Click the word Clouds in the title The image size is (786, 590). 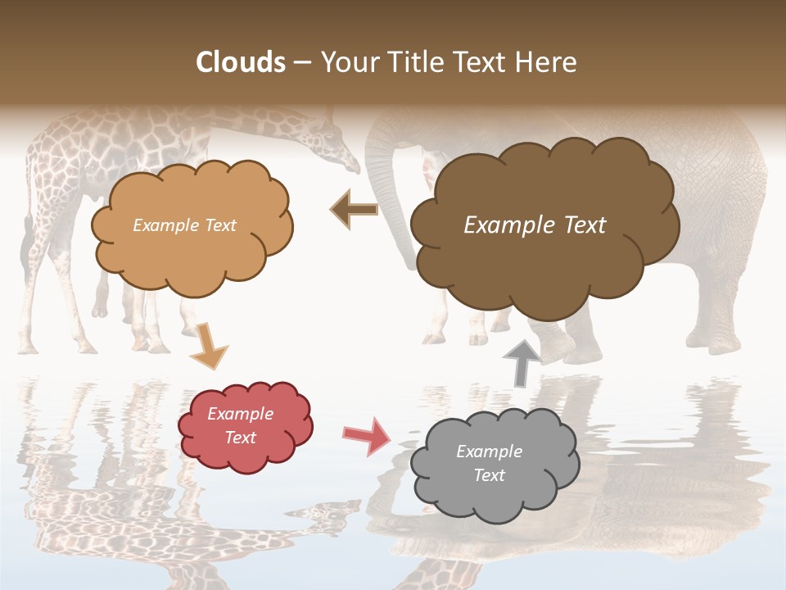[x=241, y=62]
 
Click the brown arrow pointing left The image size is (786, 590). [x=355, y=210]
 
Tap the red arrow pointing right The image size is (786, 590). [x=368, y=435]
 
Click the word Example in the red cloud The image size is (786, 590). [x=241, y=414]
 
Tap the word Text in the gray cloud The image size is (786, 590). [x=489, y=475]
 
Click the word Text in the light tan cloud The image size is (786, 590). [x=219, y=225]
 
